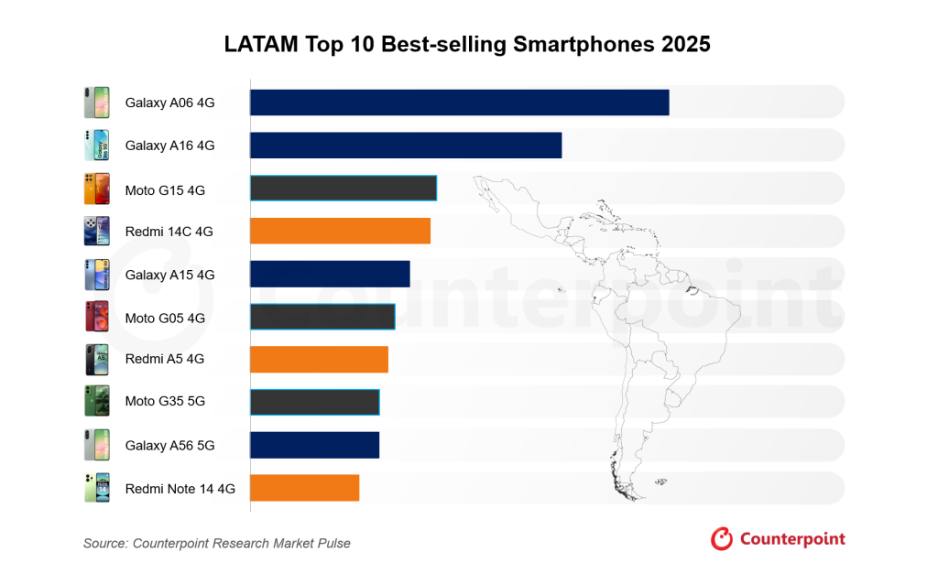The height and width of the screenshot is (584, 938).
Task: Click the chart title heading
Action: coord(467,44)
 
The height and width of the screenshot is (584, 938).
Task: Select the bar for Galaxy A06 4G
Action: coord(459,103)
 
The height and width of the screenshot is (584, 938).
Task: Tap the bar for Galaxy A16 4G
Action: coord(405,146)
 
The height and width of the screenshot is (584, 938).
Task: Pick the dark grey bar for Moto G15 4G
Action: coord(344,189)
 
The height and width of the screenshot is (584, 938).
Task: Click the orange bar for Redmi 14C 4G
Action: coord(340,231)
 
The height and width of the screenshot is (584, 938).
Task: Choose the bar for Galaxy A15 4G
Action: coord(330,274)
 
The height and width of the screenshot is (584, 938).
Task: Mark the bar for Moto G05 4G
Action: coord(322,317)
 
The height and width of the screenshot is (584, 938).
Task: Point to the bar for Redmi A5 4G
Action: coord(319,360)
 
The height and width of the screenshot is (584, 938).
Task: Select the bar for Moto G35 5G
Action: coord(314,402)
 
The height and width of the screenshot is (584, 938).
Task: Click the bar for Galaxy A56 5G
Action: coord(314,445)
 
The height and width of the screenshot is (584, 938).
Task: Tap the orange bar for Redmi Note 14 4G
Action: coord(304,488)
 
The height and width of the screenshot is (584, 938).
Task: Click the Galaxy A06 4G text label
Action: coord(169,103)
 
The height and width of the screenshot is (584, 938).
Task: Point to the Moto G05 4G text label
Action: coord(165,318)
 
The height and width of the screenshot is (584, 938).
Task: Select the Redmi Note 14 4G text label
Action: coord(180,489)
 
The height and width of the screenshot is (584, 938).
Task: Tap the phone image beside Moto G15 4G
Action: coord(96,189)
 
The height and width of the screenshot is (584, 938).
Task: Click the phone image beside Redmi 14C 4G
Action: coord(96,231)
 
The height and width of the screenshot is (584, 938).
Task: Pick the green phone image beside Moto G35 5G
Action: coord(96,402)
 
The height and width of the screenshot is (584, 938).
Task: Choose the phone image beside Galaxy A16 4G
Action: coord(96,146)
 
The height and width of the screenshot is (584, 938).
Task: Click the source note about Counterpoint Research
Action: coord(216,543)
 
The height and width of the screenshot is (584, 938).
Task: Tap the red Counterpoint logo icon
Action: coord(722,539)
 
